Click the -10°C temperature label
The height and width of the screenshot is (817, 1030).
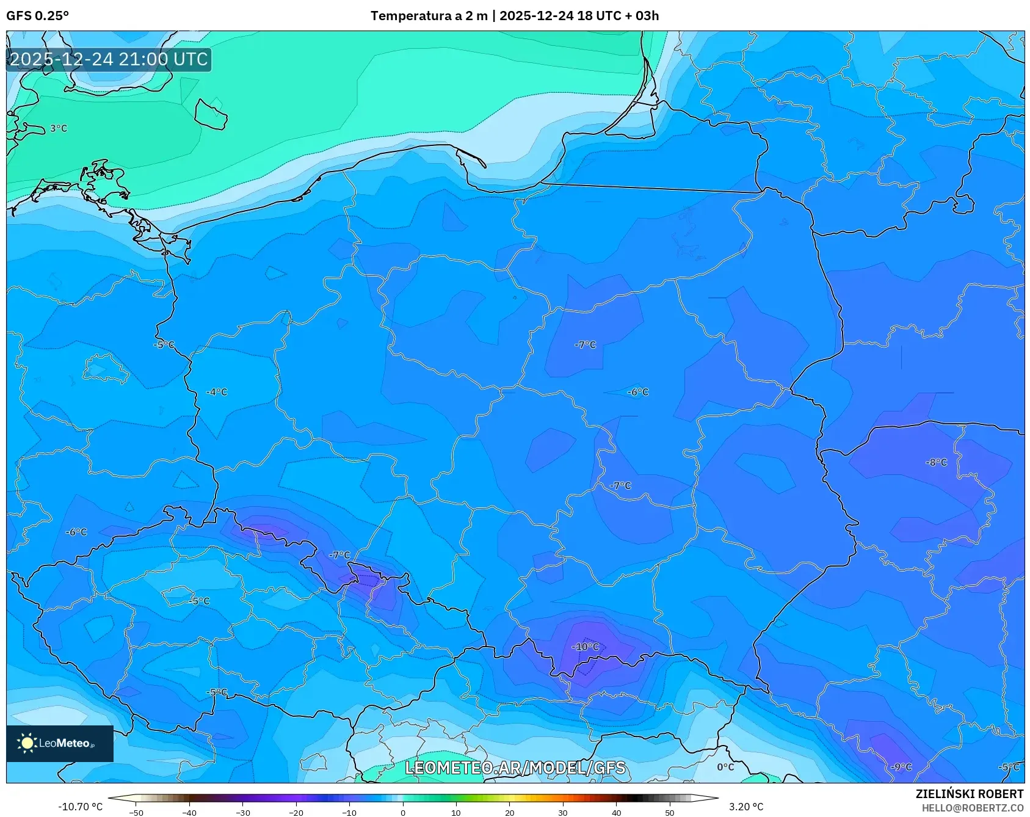(x=585, y=647)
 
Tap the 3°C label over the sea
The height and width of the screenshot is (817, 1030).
(x=59, y=128)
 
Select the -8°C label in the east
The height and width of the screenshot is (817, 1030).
(x=936, y=462)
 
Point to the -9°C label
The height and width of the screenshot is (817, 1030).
(x=901, y=767)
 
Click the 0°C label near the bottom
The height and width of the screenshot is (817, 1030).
(x=725, y=767)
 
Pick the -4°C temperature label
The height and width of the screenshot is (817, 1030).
(x=217, y=392)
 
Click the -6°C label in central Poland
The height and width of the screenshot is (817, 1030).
(x=638, y=392)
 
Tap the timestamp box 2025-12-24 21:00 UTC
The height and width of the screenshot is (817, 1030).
(x=109, y=59)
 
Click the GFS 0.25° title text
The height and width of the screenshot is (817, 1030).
(x=37, y=16)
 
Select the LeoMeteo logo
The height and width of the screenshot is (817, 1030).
(x=59, y=743)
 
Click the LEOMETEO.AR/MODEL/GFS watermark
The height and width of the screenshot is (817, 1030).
(x=515, y=768)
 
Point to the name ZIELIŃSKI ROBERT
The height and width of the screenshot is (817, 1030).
(x=969, y=794)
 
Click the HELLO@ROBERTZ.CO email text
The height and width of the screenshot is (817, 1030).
(x=972, y=808)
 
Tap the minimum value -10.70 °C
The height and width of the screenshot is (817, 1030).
(x=80, y=807)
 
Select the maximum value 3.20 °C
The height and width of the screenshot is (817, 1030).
(x=745, y=807)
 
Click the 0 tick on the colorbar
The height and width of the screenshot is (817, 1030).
(x=402, y=812)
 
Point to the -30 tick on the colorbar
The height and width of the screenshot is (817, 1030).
(x=242, y=812)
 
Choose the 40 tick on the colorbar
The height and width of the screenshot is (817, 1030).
(x=616, y=812)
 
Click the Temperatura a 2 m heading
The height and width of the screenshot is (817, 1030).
(x=429, y=16)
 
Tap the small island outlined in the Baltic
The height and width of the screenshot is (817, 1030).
(x=211, y=114)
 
